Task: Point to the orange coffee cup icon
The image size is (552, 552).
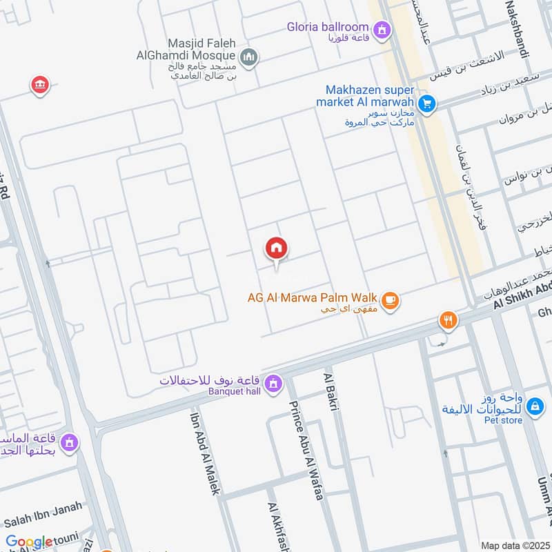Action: [391, 301]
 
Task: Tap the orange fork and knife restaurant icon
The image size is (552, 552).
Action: [448, 320]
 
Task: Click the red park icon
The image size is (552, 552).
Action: [39, 86]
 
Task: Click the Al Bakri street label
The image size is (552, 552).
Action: [330, 394]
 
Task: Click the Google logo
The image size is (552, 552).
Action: [29, 542]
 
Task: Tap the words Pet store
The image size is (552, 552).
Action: [501, 419]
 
